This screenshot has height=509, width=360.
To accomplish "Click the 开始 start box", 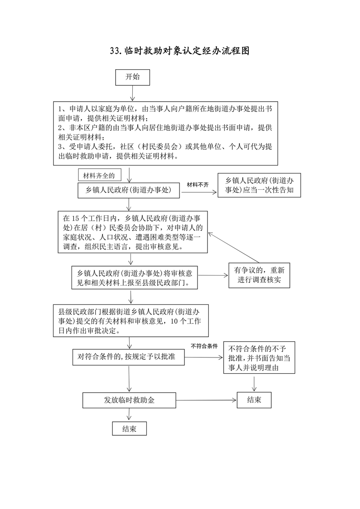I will click(132, 77).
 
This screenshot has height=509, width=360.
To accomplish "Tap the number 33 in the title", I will click(116, 51).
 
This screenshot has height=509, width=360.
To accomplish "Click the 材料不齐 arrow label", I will click(198, 184).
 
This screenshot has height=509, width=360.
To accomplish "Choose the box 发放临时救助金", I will click(129, 400).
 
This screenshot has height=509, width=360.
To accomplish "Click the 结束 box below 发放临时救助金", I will click(129, 429).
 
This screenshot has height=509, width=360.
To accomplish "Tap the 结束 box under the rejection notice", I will click(254, 400).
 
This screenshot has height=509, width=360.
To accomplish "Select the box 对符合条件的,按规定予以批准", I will click(129, 357).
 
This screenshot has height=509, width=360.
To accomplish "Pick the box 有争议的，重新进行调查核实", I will click(259, 275).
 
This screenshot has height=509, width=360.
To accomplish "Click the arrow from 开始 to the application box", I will click(132, 92).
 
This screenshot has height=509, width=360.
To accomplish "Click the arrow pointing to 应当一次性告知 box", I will click(198, 192).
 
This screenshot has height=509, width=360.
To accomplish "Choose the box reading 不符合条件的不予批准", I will click(259, 358).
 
